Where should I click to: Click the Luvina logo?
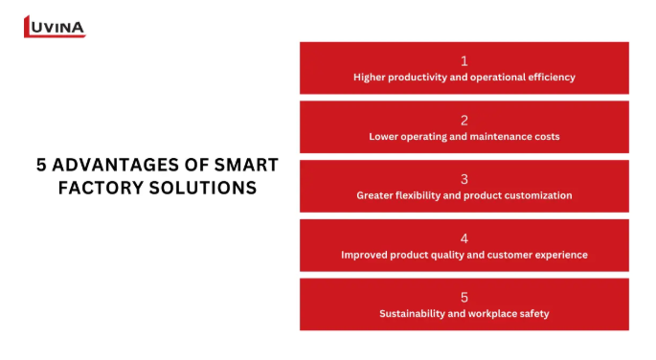coord(55,27)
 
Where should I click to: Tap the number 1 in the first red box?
coord(464,61)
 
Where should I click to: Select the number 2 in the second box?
coord(464,121)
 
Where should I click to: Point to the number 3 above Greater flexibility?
coord(464,179)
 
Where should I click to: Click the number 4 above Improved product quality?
coord(464,238)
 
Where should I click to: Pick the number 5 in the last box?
coord(464,298)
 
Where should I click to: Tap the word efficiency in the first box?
coord(552,77)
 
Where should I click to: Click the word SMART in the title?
coord(246,165)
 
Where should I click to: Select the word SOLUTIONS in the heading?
coord(203,188)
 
